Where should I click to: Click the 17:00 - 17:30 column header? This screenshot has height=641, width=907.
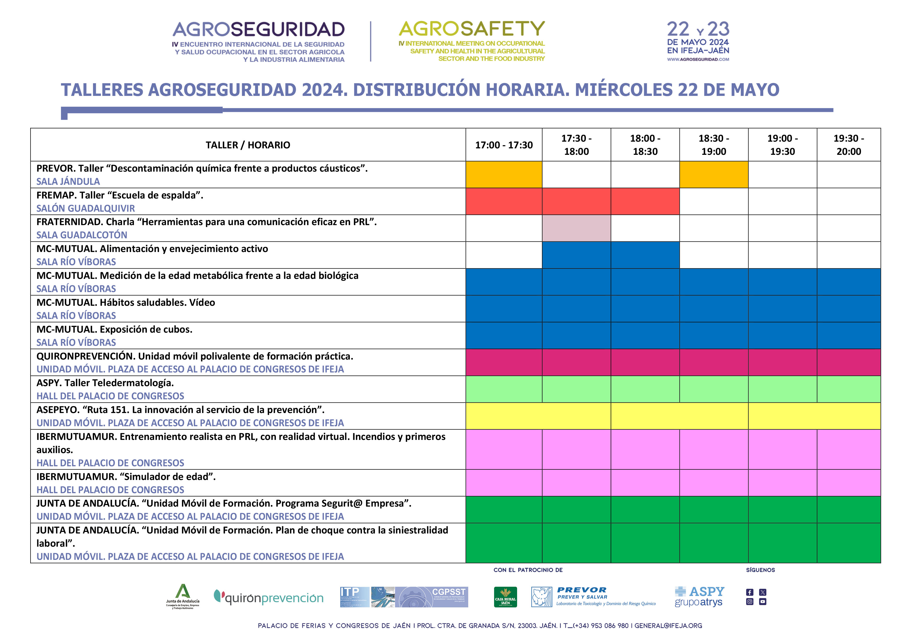click(x=504, y=145)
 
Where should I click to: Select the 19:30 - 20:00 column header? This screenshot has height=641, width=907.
click(x=849, y=145)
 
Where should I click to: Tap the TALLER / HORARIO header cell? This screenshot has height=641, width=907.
click(x=248, y=145)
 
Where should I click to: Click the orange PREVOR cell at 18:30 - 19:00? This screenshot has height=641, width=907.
click(x=713, y=174)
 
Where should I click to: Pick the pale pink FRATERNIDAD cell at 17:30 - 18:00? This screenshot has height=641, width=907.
click(x=576, y=228)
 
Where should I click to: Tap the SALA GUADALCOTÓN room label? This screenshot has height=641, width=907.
click(x=82, y=235)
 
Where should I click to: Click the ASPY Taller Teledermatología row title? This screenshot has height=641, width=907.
click(x=105, y=383)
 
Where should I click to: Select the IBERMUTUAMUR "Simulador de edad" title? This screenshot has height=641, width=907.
click(x=126, y=476)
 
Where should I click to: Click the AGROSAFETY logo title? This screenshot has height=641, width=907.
click(x=472, y=29)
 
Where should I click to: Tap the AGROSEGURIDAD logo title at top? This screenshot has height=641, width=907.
click(x=258, y=30)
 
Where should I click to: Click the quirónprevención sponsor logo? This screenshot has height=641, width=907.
click(x=269, y=597)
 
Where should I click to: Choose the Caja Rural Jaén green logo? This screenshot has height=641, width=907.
click(x=505, y=597)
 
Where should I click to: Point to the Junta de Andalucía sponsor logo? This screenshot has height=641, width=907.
click(x=183, y=596)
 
